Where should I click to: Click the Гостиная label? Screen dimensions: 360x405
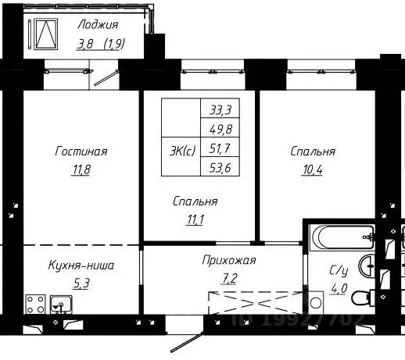[x=81, y=151]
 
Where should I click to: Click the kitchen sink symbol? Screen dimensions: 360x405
[x=59, y=303]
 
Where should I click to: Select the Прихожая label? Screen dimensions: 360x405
[x=228, y=261]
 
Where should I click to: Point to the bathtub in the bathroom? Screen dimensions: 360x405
[x=338, y=234]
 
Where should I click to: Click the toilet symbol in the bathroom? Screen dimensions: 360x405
[x=359, y=298]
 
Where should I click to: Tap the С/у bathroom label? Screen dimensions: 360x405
[x=338, y=270]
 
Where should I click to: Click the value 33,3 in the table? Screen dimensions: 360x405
[x=220, y=110]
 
